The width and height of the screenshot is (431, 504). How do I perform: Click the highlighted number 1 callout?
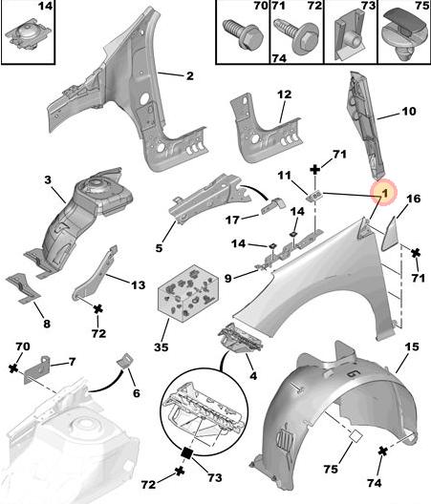(384, 193)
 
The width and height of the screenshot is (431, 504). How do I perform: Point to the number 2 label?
(190, 76)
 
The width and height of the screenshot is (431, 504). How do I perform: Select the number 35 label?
(161, 347)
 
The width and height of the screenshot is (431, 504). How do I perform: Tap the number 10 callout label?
(409, 112)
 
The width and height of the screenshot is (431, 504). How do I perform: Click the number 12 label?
(284, 94)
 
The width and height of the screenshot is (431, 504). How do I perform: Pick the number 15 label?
(412, 346)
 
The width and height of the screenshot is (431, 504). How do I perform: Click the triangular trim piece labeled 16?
(390, 234)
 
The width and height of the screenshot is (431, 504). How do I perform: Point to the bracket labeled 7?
(37, 370)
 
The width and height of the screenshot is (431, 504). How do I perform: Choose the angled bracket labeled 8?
(23, 287)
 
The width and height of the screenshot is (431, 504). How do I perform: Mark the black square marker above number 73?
(187, 452)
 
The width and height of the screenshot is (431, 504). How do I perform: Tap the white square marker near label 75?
(356, 436)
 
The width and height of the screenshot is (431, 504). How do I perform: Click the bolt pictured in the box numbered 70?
(243, 33)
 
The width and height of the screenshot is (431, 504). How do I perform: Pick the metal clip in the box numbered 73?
(350, 34)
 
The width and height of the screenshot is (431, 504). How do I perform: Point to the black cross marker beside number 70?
(13, 368)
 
